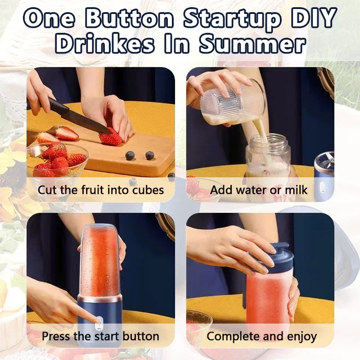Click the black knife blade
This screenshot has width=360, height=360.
[74, 115]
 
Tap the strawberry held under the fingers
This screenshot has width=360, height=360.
[111, 138]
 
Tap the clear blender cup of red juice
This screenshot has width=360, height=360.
[100, 261]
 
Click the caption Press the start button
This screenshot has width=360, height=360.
[100, 336]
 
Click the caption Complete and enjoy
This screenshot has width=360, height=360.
[261, 336]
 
